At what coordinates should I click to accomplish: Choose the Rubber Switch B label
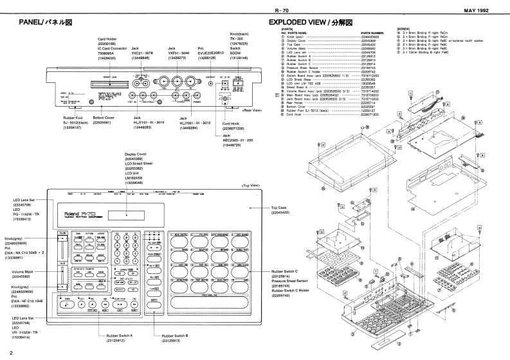click(176, 336)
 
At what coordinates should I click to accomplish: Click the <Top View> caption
click(250, 186)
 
